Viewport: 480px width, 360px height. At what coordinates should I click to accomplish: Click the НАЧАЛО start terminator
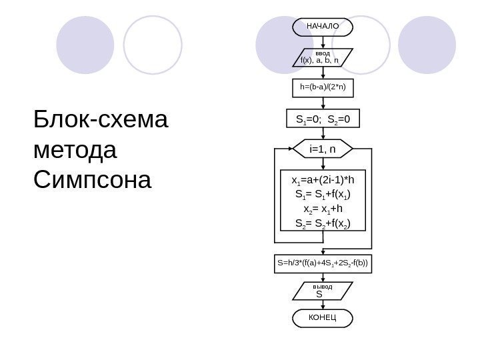pyautogui.click(x=323, y=27)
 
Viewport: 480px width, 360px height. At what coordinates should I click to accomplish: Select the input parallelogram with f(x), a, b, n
pyautogui.click(x=323, y=58)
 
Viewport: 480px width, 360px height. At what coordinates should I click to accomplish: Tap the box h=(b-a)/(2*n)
pyautogui.click(x=323, y=87)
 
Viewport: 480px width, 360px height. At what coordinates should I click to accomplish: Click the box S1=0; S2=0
pyautogui.click(x=323, y=119)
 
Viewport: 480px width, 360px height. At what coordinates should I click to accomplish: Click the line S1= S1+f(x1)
pyautogui.click(x=323, y=195)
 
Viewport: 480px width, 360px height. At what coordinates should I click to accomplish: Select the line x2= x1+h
pyautogui.click(x=323, y=209)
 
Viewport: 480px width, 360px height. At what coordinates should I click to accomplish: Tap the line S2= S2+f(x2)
pyautogui.click(x=323, y=223)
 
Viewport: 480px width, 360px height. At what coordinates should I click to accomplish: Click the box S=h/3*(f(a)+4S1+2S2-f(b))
pyautogui.click(x=323, y=263)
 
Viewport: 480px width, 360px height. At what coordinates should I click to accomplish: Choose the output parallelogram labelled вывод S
pyautogui.click(x=323, y=291)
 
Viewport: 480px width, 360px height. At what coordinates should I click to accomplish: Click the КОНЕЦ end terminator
pyautogui.click(x=323, y=319)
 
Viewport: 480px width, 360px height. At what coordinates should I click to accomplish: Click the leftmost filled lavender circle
pyautogui.click(x=85, y=45)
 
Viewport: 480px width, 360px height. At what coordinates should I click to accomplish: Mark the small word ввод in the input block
pyautogui.click(x=323, y=52)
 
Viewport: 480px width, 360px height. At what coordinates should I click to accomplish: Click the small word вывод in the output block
pyautogui.click(x=323, y=286)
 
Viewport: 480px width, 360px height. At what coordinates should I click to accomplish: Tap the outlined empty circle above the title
pyautogui.click(x=153, y=45)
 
